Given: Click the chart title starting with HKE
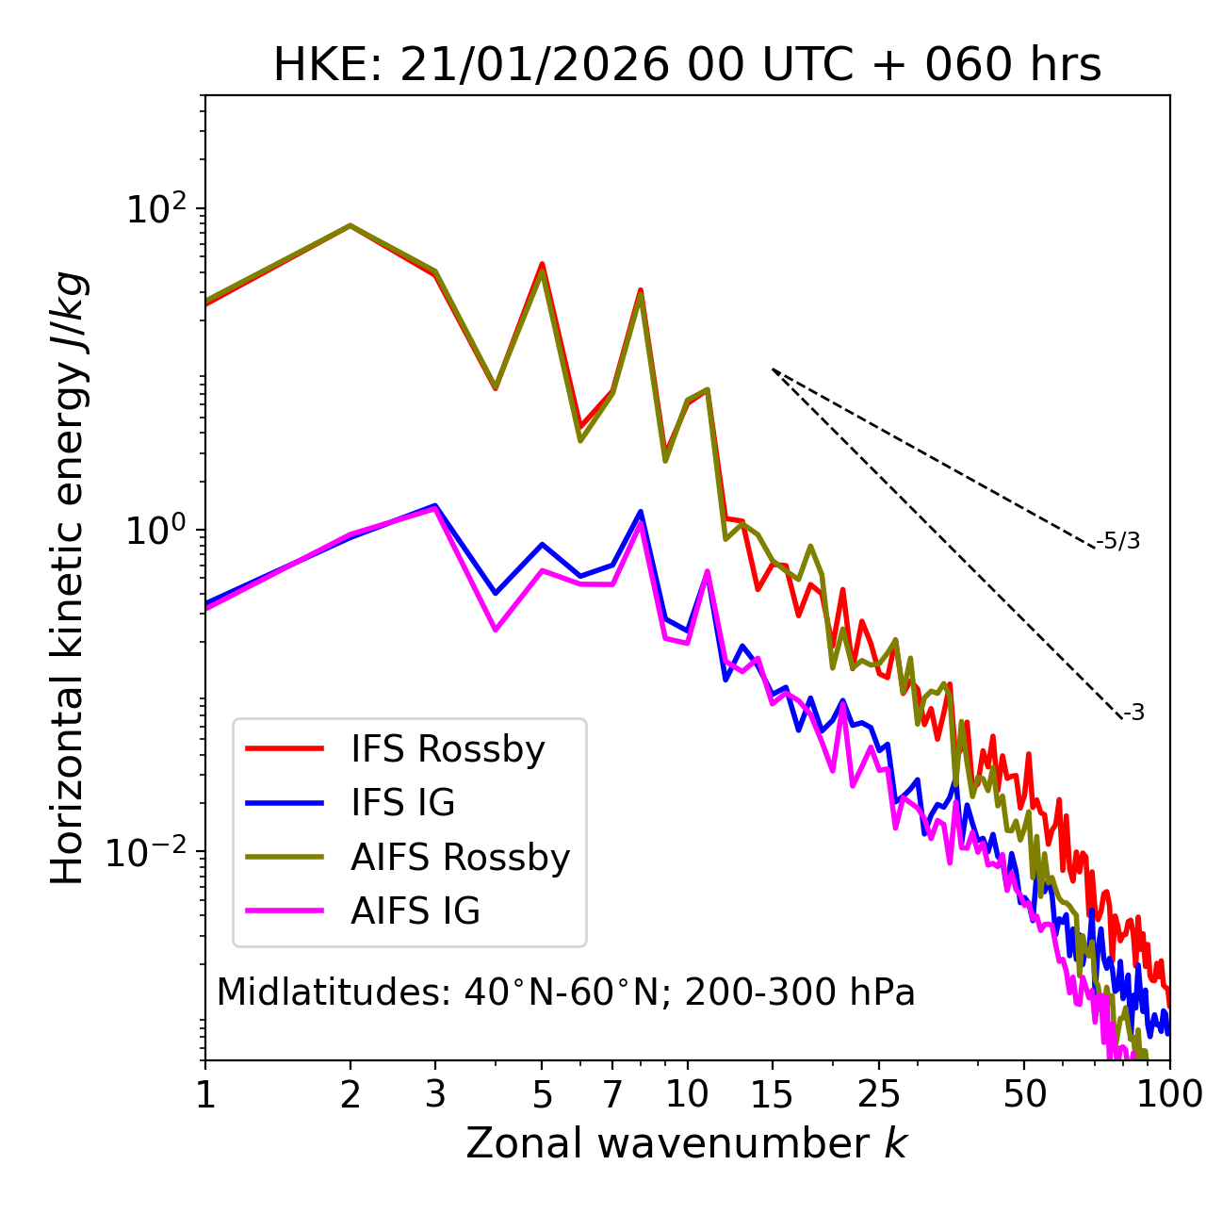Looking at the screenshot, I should (687, 66).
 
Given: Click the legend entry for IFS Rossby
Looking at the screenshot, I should (448, 749).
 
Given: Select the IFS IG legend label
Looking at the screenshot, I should (402, 803).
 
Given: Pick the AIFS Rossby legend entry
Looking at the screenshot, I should (460, 858).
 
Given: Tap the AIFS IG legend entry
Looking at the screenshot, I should (416, 911).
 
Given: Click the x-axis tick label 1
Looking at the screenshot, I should (205, 1094).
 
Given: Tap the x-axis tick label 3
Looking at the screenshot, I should (435, 1094).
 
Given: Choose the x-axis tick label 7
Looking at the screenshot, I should (612, 1094).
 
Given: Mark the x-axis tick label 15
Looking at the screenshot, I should (772, 1094).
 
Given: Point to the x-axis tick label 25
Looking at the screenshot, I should (879, 1094).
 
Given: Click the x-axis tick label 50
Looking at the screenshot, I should (1024, 1094).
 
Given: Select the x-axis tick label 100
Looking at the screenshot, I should (1169, 1094).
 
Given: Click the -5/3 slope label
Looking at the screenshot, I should (1119, 541).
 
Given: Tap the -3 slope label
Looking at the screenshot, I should (1134, 713).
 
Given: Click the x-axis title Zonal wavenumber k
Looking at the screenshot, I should (687, 1143).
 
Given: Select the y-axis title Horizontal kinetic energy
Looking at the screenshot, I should (68, 578).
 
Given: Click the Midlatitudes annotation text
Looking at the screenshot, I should (565, 993).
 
